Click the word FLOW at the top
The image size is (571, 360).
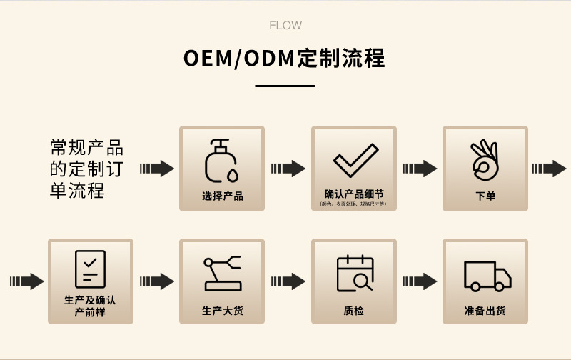click(x=285, y=26)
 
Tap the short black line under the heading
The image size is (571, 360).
click(x=285, y=86)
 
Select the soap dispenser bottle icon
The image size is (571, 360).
click(x=221, y=160)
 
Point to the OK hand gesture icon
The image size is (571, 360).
click(x=485, y=159)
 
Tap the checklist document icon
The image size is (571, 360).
click(x=90, y=269)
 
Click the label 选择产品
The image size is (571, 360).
click(x=222, y=196)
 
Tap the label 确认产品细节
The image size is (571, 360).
click(x=354, y=194)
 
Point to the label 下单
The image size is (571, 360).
click(x=485, y=196)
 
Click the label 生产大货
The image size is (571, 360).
click(x=222, y=311)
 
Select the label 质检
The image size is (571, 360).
click(x=354, y=311)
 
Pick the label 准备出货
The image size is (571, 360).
click(x=485, y=311)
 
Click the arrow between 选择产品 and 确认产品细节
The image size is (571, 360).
click(x=288, y=169)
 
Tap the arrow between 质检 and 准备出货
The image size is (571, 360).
click(x=420, y=281)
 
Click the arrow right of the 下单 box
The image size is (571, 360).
click(x=550, y=169)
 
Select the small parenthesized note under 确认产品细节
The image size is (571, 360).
click(x=354, y=204)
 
